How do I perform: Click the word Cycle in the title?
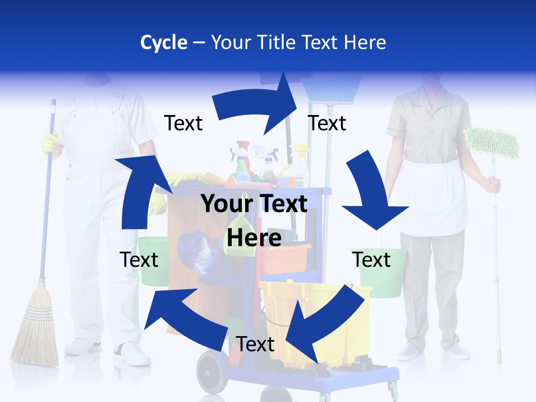click(x=164, y=42)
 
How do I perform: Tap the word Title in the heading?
click(x=276, y=42)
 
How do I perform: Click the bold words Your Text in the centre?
click(x=254, y=204)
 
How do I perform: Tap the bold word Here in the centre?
click(x=254, y=238)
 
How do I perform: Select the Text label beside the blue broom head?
click(x=327, y=123)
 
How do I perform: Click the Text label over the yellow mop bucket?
click(x=255, y=344)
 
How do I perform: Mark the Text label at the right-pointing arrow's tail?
click(x=184, y=123)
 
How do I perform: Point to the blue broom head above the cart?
click(x=332, y=89)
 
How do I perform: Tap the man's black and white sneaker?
click(x=133, y=353)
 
